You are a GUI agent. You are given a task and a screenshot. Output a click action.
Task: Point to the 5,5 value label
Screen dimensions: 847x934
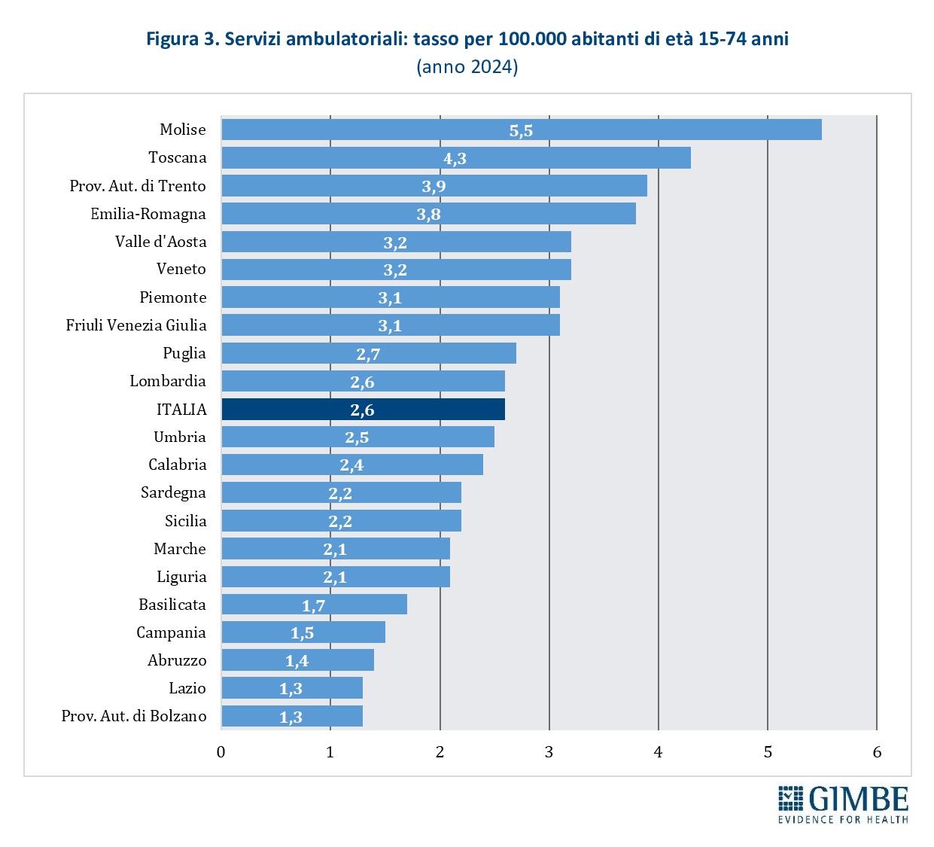point(521,130)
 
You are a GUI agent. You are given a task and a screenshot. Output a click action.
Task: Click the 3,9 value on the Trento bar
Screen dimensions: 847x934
point(434,186)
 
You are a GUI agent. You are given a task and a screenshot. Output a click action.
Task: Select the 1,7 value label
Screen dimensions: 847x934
point(313,605)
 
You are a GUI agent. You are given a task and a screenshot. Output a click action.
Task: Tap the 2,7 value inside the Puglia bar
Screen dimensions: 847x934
point(368,354)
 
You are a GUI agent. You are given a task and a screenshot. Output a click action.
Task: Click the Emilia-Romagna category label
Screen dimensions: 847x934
point(148,214)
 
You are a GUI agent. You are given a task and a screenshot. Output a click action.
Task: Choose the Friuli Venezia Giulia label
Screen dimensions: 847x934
point(136,325)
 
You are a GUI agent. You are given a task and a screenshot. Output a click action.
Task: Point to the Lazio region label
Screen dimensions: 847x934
point(187,688)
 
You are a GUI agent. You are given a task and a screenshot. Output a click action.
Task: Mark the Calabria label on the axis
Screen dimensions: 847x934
point(178,465)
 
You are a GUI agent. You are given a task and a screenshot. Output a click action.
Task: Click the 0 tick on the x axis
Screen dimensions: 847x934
point(221,752)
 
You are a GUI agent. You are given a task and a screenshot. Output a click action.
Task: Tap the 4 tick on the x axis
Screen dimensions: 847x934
point(658,752)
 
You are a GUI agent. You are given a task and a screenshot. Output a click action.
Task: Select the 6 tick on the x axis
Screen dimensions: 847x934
point(877,752)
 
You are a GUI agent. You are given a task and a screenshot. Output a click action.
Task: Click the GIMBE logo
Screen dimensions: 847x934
point(843,798)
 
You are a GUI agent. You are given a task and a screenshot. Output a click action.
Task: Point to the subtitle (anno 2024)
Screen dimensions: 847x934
point(467,67)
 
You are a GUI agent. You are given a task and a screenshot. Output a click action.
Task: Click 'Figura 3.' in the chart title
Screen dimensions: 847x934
point(182,39)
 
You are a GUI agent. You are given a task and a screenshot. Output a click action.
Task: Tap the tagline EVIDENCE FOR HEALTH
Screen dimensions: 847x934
point(843,819)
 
